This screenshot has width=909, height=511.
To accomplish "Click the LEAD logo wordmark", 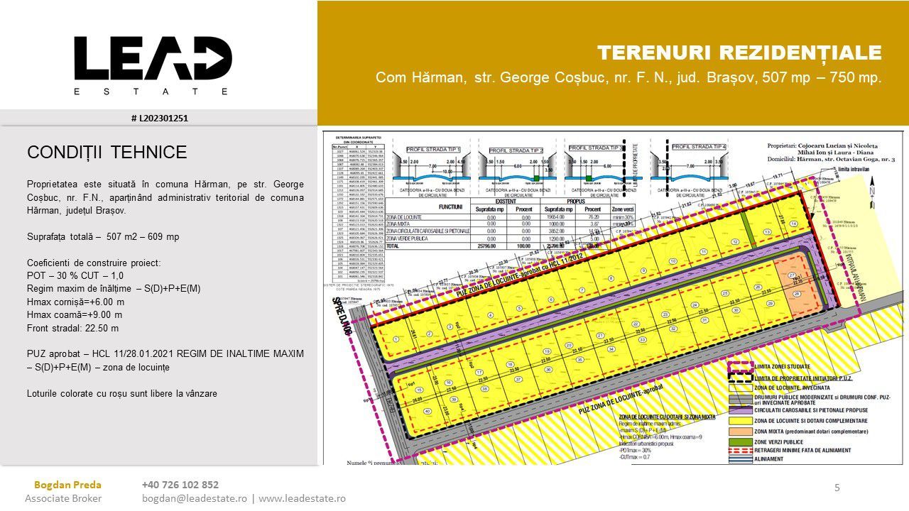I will coord(153,58).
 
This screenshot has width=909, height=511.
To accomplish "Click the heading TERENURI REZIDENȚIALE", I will coord(739,53).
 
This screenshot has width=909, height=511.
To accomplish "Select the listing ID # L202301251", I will coord(159,118).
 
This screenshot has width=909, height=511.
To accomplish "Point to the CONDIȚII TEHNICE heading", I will coord(107,152).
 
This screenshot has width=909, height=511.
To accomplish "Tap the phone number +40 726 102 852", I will coord(180,485).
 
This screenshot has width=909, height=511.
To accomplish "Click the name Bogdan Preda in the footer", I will coord(67,485).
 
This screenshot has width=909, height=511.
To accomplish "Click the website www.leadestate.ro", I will coord(302,498).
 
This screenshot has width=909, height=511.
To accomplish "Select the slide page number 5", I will coord(837,487).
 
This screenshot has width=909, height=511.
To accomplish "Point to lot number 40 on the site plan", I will coord(427,411).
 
